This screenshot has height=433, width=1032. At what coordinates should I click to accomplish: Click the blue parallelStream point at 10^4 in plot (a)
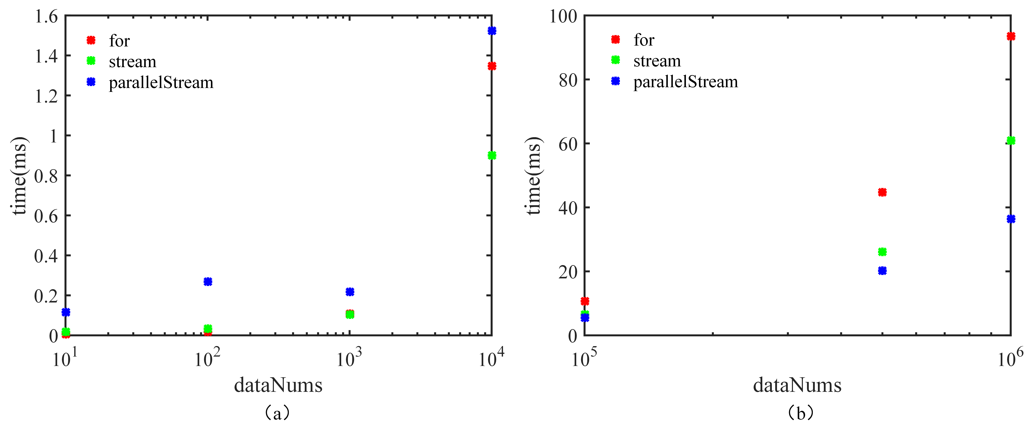coord(492,31)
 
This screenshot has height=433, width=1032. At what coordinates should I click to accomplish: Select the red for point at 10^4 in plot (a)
coord(492,66)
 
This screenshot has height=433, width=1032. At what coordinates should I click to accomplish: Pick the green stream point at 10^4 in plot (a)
coord(492,155)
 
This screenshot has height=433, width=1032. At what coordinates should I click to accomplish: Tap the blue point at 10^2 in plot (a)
coord(208,282)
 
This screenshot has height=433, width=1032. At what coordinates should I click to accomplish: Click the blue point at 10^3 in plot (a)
coord(350,292)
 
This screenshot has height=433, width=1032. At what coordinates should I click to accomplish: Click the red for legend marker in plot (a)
coord(91,40)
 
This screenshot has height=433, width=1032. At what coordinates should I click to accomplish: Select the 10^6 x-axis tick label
coord(1010,358)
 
